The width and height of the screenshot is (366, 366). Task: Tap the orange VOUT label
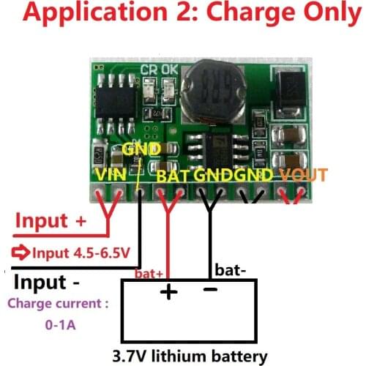(305, 176)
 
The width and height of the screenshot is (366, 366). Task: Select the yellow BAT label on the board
(175, 176)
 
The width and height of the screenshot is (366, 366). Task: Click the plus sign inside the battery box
(169, 293)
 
